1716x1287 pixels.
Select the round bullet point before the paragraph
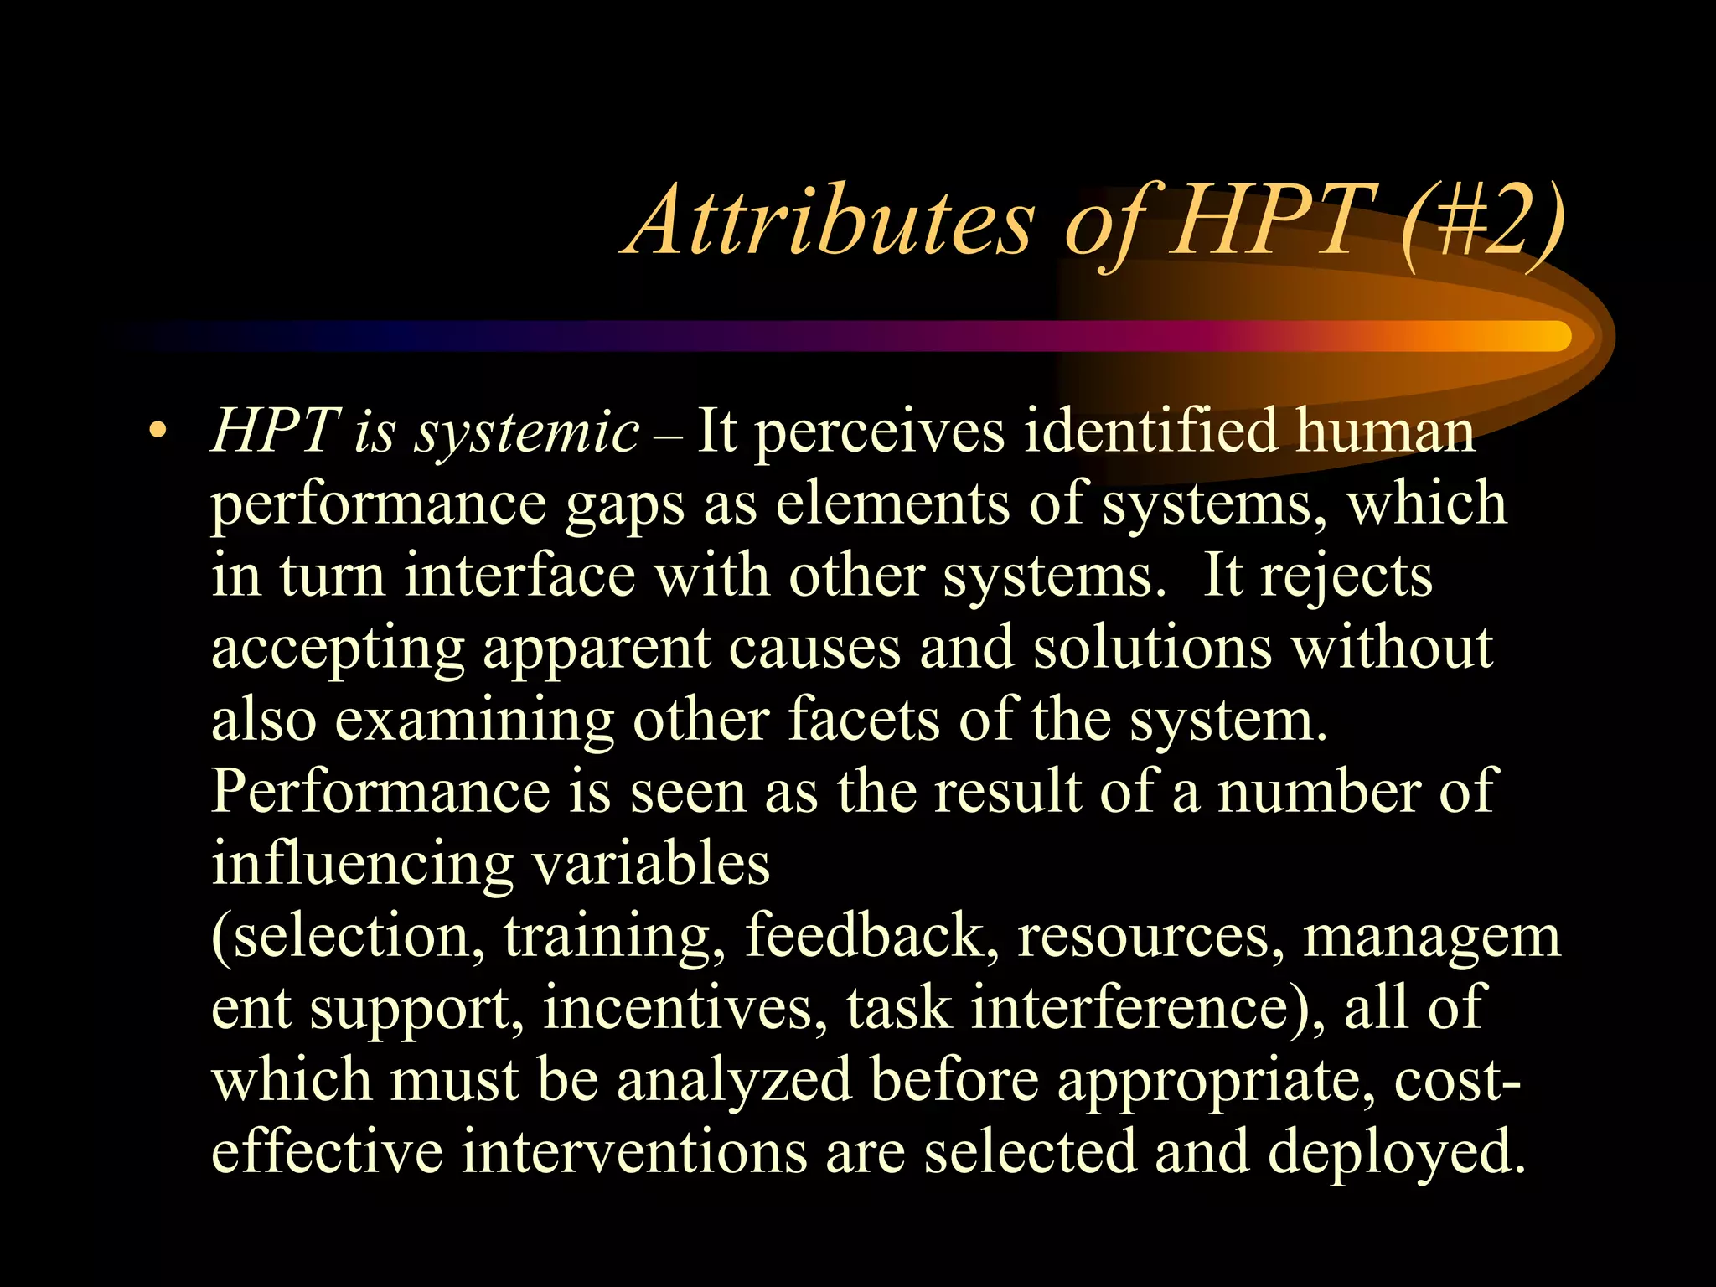[156, 432]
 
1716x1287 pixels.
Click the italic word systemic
[528, 432]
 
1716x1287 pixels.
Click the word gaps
[625, 504]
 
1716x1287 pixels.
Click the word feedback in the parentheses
[864, 935]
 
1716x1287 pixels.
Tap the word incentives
[680, 1007]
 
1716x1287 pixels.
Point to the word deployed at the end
[1395, 1153]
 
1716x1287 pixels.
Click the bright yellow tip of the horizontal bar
[1546, 336]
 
